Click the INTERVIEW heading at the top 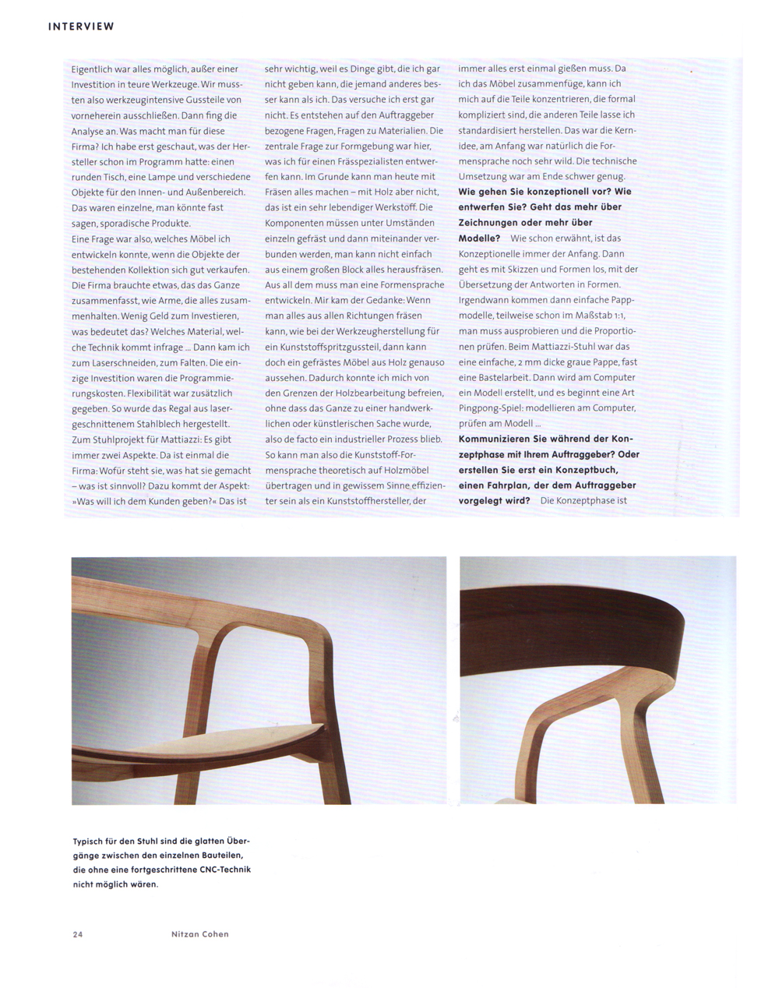pos(81,26)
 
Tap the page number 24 pos(77,934)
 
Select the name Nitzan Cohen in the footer pos(200,934)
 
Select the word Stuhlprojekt pos(112,439)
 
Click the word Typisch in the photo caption pos(89,842)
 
